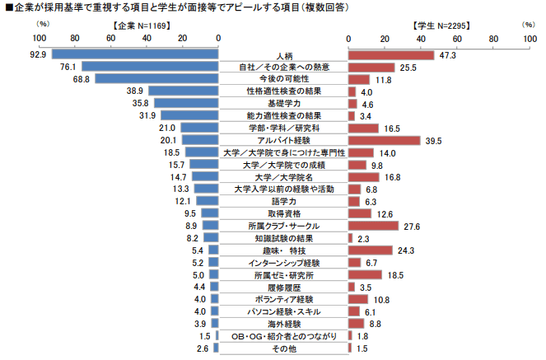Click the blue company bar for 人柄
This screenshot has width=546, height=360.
[135, 54]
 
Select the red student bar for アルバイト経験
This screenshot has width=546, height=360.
[384, 141]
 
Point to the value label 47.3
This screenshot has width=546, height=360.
[448, 54]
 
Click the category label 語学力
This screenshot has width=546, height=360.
[283, 201]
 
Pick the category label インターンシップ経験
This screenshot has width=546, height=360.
[283, 262]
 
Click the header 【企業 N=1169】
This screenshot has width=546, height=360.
[142, 25]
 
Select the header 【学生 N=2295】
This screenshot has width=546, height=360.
[441, 25]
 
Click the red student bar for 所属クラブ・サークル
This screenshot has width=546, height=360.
[373, 226]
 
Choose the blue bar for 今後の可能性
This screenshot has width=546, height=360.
[156, 79]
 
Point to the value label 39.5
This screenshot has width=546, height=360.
[434, 141]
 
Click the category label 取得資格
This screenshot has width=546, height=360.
[283, 213]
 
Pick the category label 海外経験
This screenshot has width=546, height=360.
[283, 323]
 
